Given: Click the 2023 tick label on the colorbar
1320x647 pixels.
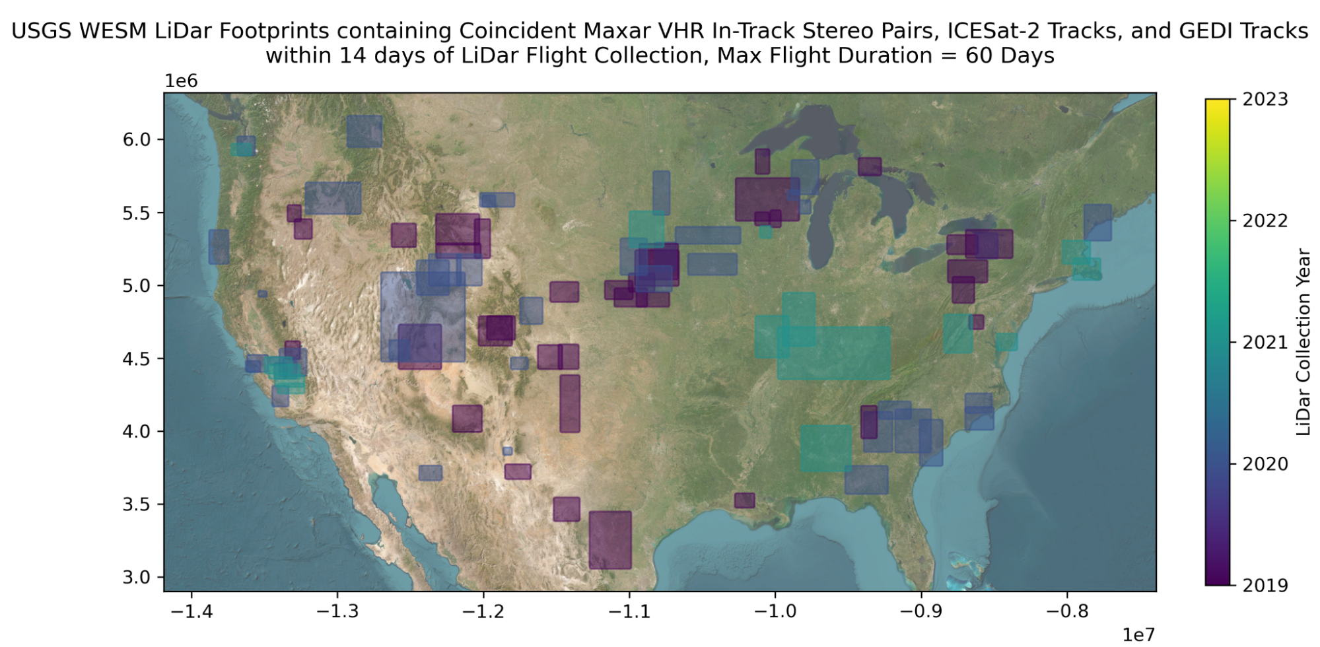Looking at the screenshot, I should (1264, 99).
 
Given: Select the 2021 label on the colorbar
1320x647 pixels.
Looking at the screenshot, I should (1264, 342).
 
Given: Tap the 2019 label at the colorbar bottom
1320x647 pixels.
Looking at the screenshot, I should (1264, 585).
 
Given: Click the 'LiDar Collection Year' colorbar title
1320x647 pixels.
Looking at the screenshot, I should (1303, 342).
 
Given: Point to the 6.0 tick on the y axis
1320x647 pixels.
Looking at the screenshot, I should (137, 139).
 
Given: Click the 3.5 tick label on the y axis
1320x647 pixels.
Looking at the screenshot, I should (137, 504).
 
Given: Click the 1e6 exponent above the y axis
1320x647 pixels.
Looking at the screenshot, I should (181, 81).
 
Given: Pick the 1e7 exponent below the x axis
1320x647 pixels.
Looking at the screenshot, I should (1138, 634).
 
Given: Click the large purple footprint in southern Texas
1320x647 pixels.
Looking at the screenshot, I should (609, 539).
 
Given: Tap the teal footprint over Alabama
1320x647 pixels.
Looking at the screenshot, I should (825, 448).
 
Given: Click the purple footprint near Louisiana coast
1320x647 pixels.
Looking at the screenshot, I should (744, 500).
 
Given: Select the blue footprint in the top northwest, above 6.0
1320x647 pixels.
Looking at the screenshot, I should (364, 131).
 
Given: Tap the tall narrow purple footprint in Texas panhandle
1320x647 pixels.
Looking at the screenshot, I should (569, 403).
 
